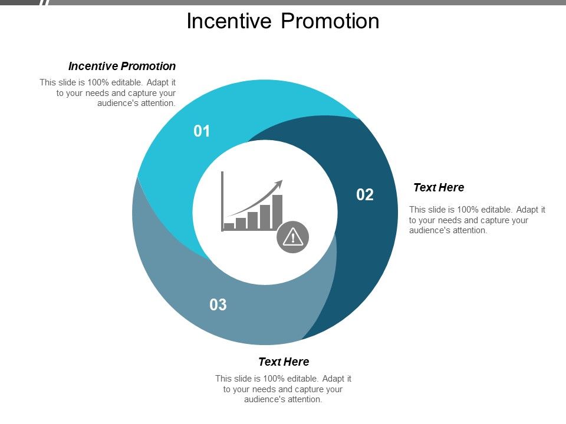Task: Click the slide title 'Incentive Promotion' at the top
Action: (x=282, y=21)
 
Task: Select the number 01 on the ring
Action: (x=202, y=131)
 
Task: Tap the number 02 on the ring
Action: (x=365, y=195)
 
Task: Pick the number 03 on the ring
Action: (x=218, y=304)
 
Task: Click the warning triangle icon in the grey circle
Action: (x=292, y=237)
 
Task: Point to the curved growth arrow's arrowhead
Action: (x=279, y=183)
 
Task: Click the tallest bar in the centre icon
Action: (x=277, y=211)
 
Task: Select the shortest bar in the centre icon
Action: (x=229, y=226)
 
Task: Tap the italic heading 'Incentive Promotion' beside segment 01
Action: (x=122, y=66)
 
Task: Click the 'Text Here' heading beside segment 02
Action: (x=439, y=187)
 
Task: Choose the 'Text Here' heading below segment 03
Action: (x=284, y=362)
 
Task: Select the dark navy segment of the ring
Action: (x=371, y=247)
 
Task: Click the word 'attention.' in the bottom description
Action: (x=304, y=399)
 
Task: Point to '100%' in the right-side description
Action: (x=467, y=209)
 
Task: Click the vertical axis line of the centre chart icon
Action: (x=222, y=200)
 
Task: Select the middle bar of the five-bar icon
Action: (x=252, y=220)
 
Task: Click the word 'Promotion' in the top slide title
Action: (x=330, y=21)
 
